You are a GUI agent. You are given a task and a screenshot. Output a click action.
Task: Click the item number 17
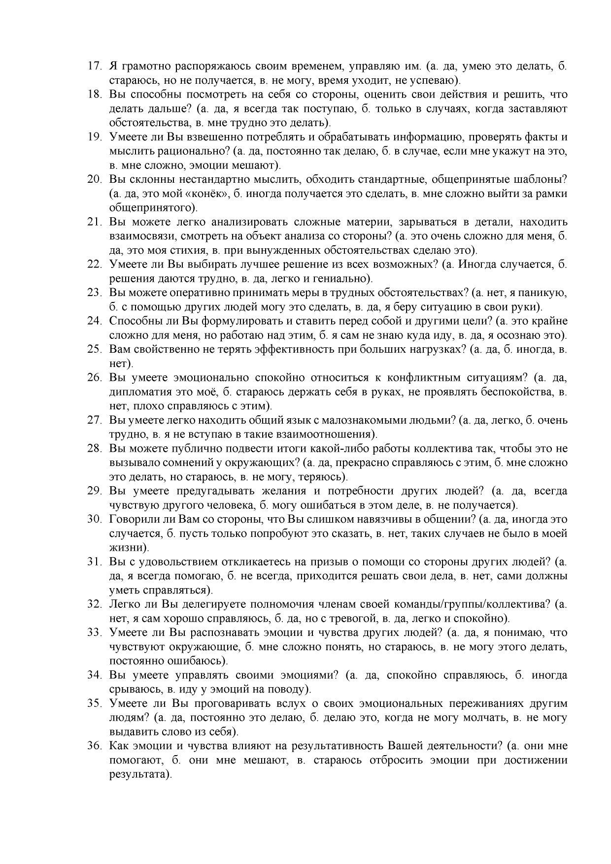click(x=94, y=66)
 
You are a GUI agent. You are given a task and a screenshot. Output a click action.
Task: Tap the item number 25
click(x=94, y=350)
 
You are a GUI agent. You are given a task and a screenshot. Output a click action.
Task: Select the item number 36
click(x=94, y=746)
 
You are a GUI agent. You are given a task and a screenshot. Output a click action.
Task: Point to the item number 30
click(x=94, y=519)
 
